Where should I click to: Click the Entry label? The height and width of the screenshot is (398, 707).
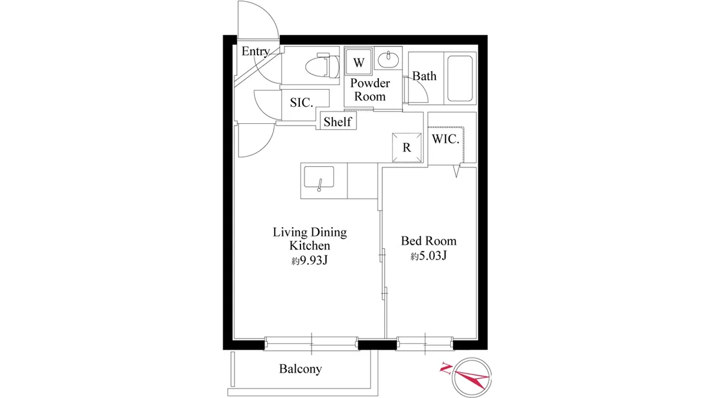[x=255, y=51]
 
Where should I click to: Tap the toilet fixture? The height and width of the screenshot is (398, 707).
[x=322, y=65]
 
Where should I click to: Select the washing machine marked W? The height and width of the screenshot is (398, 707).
[x=359, y=62]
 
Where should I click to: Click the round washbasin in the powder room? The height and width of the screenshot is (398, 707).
[x=388, y=60]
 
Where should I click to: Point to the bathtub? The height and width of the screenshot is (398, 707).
[x=460, y=78]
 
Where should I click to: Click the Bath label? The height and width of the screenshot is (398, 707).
[x=425, y=76]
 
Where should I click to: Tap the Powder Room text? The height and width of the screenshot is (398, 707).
[x=370, y=90]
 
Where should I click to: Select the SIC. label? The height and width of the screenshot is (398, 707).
[x=302, y=103]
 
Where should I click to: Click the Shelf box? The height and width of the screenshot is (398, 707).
[x=338, y=121]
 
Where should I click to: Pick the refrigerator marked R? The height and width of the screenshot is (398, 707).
[x=407, y=147]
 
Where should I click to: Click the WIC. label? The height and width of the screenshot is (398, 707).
[x=445, y=139]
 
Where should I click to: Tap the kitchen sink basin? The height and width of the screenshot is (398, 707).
[x=319, y=177]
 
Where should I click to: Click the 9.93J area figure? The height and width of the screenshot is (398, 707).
[x=313, y=260]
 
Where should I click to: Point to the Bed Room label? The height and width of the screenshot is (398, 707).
[x=429, y=241]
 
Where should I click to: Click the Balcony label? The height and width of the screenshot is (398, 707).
[x=300, y=369]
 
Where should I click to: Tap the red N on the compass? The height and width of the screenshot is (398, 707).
[x=445, y=369]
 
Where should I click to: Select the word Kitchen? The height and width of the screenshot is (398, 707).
[x=310, y=245]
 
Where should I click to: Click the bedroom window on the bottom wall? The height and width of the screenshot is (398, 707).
[x=425, y=344]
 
